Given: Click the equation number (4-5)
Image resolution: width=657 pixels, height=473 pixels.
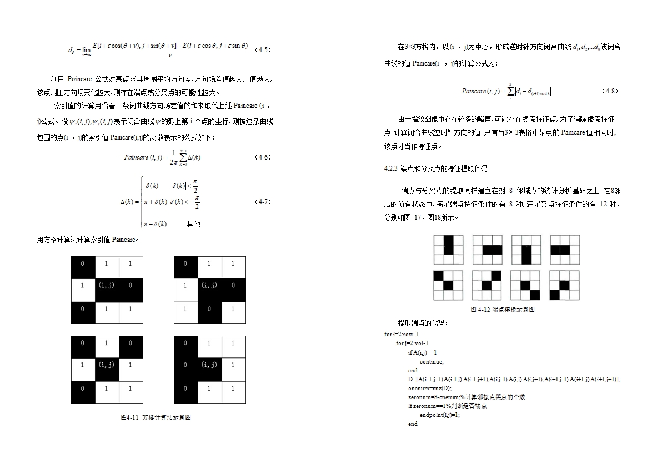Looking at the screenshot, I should coord(262,50).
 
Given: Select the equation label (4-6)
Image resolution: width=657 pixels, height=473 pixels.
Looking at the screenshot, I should coord(262,157).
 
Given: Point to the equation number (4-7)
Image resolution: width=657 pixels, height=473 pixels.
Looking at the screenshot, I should coord(262,201).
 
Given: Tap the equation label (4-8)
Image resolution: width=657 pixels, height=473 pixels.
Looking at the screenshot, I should coord(610,91).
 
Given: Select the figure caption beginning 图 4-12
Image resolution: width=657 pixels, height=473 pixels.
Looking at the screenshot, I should coord(502,310).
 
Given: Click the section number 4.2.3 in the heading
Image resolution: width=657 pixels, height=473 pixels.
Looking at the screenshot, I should coord(391,168).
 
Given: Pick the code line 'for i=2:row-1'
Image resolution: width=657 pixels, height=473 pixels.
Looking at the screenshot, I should coord(401,334).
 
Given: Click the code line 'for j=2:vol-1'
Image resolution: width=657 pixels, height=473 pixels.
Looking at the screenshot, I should coord(412,343).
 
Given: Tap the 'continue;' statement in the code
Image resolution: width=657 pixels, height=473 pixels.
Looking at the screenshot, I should coord(432,361).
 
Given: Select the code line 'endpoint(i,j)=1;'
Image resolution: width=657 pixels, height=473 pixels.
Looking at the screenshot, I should coord(439,415).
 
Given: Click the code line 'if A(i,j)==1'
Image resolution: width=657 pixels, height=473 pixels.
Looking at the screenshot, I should coord(422,352).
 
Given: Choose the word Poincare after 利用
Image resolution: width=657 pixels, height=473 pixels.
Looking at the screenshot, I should coord(82,79).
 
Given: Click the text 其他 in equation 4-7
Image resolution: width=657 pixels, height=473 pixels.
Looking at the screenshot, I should coord(193,224).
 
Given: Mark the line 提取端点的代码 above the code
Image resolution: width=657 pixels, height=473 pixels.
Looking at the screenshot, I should coord(423,323).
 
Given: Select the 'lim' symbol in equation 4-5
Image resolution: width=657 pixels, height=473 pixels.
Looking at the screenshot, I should coord(86,50).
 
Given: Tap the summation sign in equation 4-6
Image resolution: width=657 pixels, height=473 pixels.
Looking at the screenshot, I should coord(183,158).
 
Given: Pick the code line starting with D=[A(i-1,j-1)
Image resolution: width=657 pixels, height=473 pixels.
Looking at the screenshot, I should coord(514,379).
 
